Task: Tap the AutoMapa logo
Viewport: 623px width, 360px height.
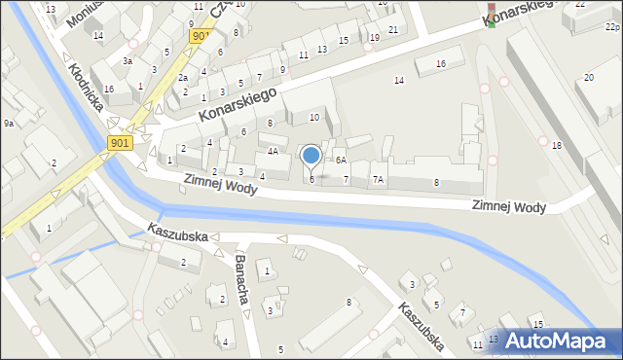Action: coord(556,341)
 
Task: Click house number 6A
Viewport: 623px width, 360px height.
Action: coord(341,160)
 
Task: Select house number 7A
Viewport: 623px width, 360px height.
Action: coord(378,180)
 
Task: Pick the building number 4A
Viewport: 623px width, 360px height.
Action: coord(273,152)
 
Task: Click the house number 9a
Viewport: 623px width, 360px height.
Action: coord(8,124)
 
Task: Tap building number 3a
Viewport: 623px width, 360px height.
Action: coord(127,60)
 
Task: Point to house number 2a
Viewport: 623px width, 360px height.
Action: coord(182,77)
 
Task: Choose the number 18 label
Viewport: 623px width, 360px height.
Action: coord(557,145)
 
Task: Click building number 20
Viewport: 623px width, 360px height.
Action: coord(588,77)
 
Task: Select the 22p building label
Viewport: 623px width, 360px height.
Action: coord(611,29)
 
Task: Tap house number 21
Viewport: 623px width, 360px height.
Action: coord(393,29)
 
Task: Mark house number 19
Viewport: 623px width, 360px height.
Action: coord(375,37)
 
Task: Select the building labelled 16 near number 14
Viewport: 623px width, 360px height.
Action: coord(441,63)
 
